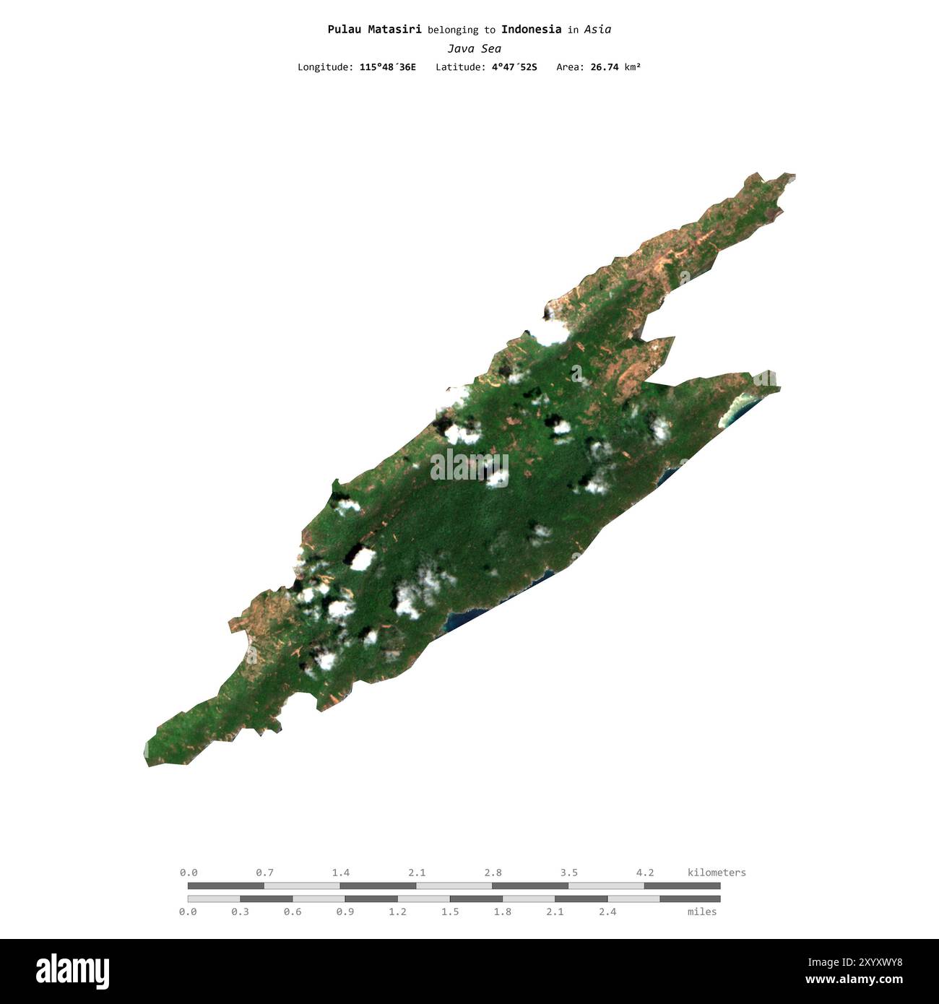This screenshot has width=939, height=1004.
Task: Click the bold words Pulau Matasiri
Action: (374, 30)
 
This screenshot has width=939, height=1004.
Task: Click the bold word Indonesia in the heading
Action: (531, 30)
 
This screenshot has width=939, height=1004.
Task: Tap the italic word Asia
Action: (597, 30)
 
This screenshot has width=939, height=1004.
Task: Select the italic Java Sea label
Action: (474, 48)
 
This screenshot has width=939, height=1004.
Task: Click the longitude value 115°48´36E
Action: (387, 67)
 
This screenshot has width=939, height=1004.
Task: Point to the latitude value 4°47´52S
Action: (511, 67)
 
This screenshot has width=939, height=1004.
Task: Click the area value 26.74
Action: (604, 67)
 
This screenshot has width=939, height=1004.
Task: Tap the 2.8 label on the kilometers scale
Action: (493, 873)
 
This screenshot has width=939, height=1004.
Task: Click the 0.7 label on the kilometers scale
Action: (264, 873)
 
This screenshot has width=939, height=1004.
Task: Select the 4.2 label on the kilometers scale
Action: (645, 873)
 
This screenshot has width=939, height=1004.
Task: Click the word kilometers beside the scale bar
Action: (717, 873)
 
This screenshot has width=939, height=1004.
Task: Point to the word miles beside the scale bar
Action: (702, 912)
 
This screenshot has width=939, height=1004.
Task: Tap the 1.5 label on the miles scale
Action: (450, 912)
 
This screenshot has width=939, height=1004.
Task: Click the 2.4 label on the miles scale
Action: (607, 912)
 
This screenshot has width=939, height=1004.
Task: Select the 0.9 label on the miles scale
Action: (345, 912)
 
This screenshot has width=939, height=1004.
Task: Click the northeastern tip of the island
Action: (792, 176)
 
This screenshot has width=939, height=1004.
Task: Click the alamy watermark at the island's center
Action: (469, 466)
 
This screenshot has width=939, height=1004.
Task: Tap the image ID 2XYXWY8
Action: (867, 962)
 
